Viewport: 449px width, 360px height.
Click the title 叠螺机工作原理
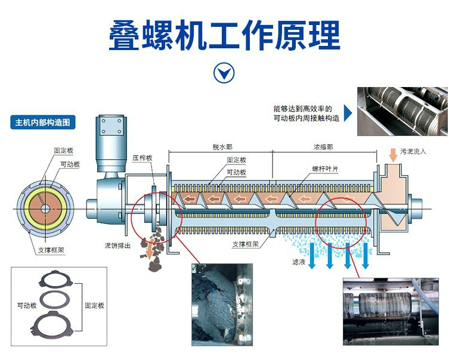pyautogui.click(x=224, y=35)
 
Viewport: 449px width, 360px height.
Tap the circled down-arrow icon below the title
pyautogui.click(x=224, y=73)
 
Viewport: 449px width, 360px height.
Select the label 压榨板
pyautogui.click(x=143, y=158)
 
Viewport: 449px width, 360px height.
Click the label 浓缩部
pyautogui.click(x=323, y=147)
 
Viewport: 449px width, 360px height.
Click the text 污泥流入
pyautogui.click(x=413, y=152)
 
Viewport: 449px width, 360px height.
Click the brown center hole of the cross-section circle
pyautogui.click(x=45, y=209)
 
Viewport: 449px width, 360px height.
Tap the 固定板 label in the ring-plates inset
pyautogui.click(x=94, y=305)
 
